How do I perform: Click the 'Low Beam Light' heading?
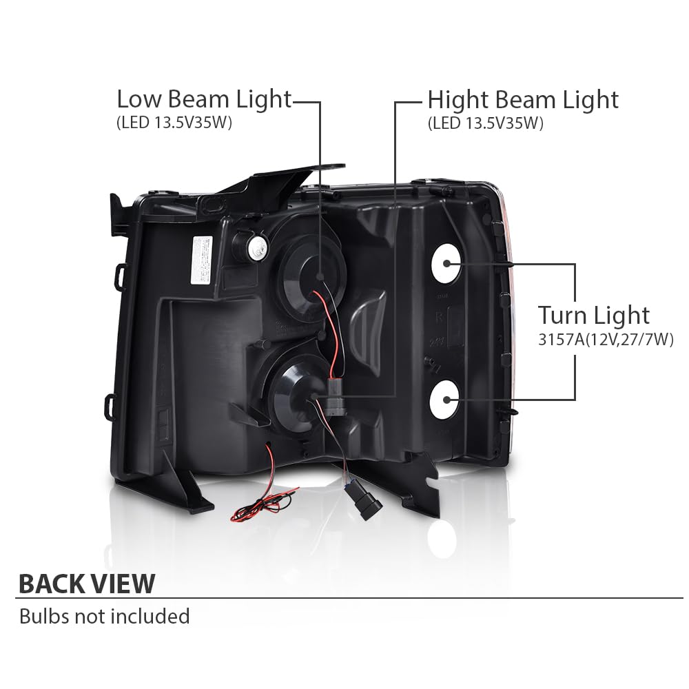pos(204,100)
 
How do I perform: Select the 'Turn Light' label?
pos(594,316)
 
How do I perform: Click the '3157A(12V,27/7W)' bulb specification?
pos(606,339)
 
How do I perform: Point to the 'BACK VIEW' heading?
pos(87,584)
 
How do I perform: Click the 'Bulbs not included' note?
pos(105,616)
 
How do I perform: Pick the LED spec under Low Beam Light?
pos(174,123)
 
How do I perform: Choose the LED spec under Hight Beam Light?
pos(486,123)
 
